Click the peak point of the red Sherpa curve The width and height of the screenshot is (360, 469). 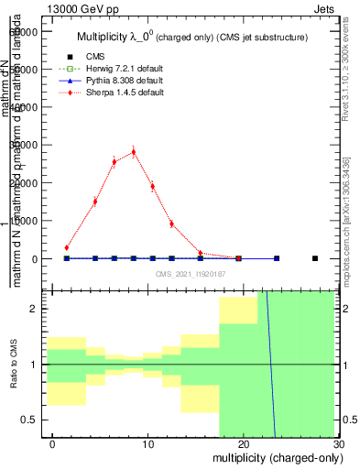(133, 152)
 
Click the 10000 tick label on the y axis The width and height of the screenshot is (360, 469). (26, 221)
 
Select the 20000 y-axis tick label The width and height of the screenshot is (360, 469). (26, 183)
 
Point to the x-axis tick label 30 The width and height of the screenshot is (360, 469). (338, 443)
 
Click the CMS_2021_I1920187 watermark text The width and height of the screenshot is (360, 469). (190, 274)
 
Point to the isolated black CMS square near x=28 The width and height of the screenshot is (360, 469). (314, 258)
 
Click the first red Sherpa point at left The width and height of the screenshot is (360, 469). (67, 247)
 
